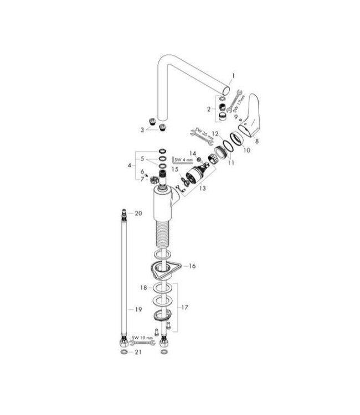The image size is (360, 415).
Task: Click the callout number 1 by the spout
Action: coord(234,76)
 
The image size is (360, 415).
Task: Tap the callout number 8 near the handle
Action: coord(256,141)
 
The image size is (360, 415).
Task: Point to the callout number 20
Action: coord(138,212)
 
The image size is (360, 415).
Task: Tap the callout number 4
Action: coord(130,165)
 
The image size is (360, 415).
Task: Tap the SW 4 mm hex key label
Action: coord(182,160)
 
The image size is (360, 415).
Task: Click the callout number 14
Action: coord(193,152)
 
